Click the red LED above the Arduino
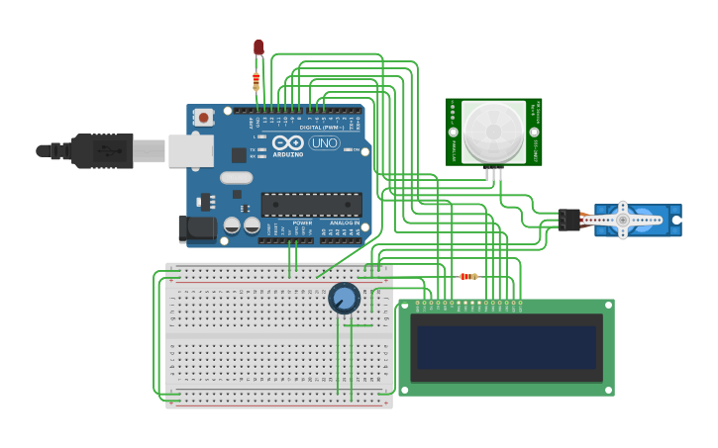[258, 46]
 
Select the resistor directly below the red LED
[256, 79]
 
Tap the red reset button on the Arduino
[204, 117]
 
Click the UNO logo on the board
[324, 143]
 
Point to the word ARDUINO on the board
[288, 154]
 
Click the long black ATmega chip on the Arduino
[311, 204]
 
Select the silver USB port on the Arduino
[190, 151]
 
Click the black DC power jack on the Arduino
[196, 229]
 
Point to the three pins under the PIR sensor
[493, 174]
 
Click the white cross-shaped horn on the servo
[622, 220]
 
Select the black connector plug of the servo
[568, 220]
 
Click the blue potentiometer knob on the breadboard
[345, 298]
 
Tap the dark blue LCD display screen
[507, 348]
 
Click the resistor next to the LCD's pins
[468, 276]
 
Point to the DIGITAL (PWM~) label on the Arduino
[322, 128]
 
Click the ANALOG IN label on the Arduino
[344, 224]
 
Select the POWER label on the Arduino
[302, 224]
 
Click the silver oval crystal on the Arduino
[237, 178]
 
